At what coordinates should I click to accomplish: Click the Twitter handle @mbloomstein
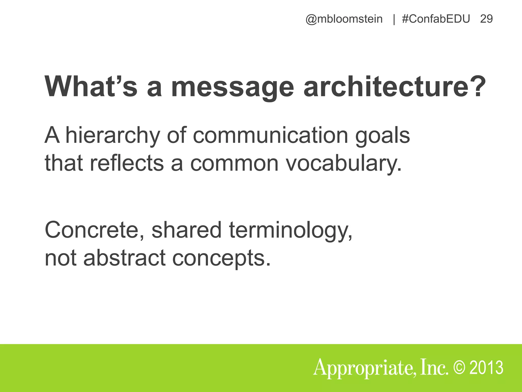344,19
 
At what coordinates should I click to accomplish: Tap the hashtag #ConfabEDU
436,19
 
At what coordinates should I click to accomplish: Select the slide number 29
486,19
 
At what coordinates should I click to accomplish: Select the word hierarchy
112,136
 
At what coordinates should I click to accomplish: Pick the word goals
382,136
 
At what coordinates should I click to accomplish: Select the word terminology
291,230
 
